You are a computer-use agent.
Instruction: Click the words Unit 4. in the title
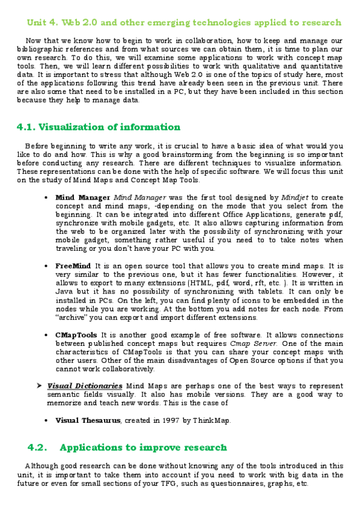pyautogui.click(x=42, y=23)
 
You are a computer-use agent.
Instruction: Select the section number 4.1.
pyautogui.click(x=26, y=127)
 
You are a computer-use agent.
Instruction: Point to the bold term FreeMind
pyautogui.click(x=73, y=265)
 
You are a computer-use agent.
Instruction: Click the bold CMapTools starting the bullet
pyautogui.click(x=77, y=335)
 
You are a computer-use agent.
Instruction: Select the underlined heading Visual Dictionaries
pyautogui.click(x=85, y=386)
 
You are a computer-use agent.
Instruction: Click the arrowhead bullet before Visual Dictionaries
pyautogui.click(x=38, y=386)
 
